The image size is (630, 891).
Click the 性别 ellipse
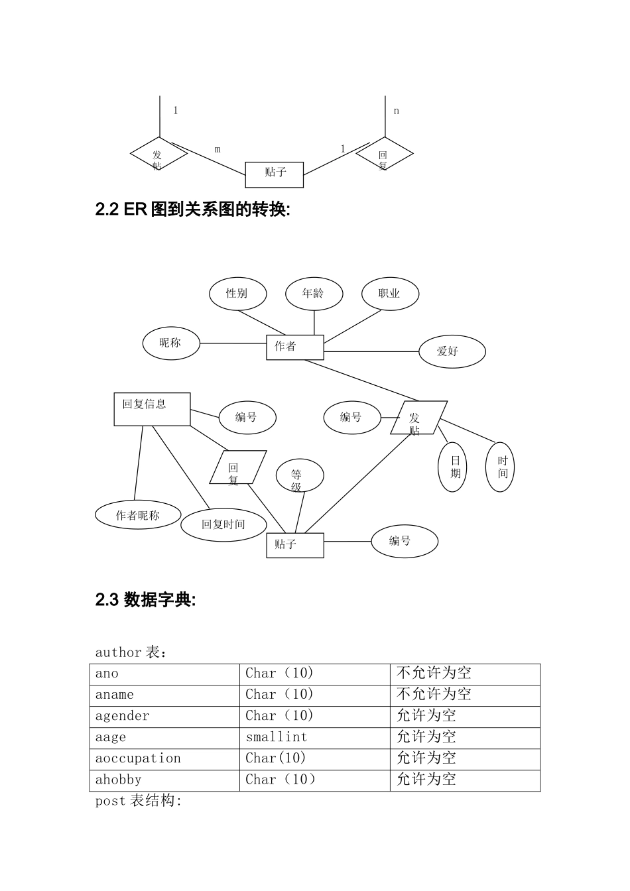tap(237, 294)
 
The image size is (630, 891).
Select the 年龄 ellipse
tap(314, 294)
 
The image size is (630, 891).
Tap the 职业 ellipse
tap(390, 294)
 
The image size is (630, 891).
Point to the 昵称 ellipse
tap(170, 343)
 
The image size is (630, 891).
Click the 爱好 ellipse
tap(452, 351)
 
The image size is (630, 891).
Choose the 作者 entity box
tap(294, 347)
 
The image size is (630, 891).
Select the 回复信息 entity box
tap(152, 409)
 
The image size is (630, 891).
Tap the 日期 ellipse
tap(452, 467)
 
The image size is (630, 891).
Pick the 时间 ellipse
tap(500, 467)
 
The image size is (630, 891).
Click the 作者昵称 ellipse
tap(138, 515)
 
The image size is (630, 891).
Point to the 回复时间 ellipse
tap(223, 524)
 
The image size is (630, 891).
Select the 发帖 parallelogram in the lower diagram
tap(418, 418)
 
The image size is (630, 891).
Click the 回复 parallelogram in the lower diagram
tap(237, 468)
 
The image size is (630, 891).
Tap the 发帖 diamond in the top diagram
tap(158, 154)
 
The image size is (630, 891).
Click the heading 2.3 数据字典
tap(146, 600)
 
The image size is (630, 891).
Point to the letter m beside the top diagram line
tap(218, 150)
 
